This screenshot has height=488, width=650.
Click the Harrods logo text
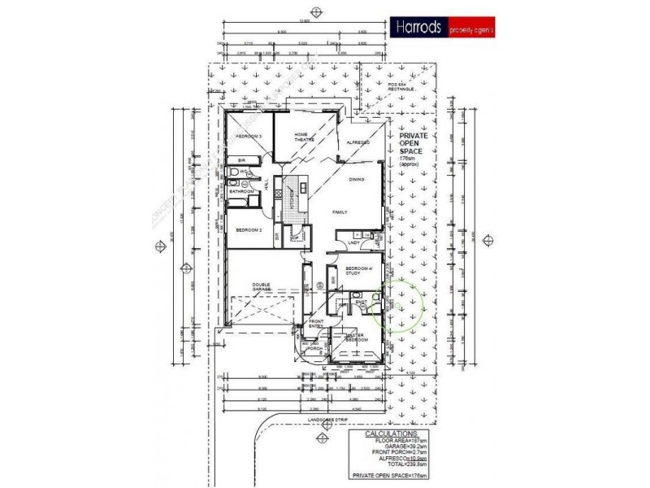(418, 27)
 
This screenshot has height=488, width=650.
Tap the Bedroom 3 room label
(247, 136)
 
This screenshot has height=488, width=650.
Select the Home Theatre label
(301, 137)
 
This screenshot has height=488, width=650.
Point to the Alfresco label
(358, 142)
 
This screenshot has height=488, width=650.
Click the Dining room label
(356, 180)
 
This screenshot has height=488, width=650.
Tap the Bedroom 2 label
(247, 230)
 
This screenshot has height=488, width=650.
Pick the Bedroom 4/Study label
(357, 271)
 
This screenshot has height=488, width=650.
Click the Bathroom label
(241, 192)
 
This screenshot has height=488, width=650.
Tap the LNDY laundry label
(353, 242)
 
